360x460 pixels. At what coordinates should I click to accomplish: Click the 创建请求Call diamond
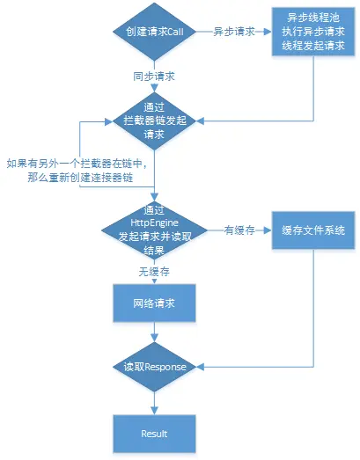(155, 32)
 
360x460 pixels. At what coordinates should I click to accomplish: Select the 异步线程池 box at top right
(311, 32)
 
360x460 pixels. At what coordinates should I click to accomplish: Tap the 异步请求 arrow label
(233, 32)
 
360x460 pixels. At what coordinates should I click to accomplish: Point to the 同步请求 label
(156, 77)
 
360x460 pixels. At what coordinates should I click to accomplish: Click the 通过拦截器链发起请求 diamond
(155, 125)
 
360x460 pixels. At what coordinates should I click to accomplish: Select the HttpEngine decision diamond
(155, 230)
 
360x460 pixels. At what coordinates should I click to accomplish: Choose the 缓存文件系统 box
(312, 230)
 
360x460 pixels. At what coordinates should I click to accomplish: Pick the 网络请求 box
(155, 304)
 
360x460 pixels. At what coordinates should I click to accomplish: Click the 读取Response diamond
(155, 366)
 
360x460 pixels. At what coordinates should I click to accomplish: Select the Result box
(155, 434)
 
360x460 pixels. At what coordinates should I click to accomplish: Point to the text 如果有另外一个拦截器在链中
(75, 164)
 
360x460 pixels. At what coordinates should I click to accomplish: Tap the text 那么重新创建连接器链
(75, 178)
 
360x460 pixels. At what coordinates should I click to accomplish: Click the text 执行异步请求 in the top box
(311, 32)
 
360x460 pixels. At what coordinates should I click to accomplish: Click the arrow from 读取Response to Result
(155, 401)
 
